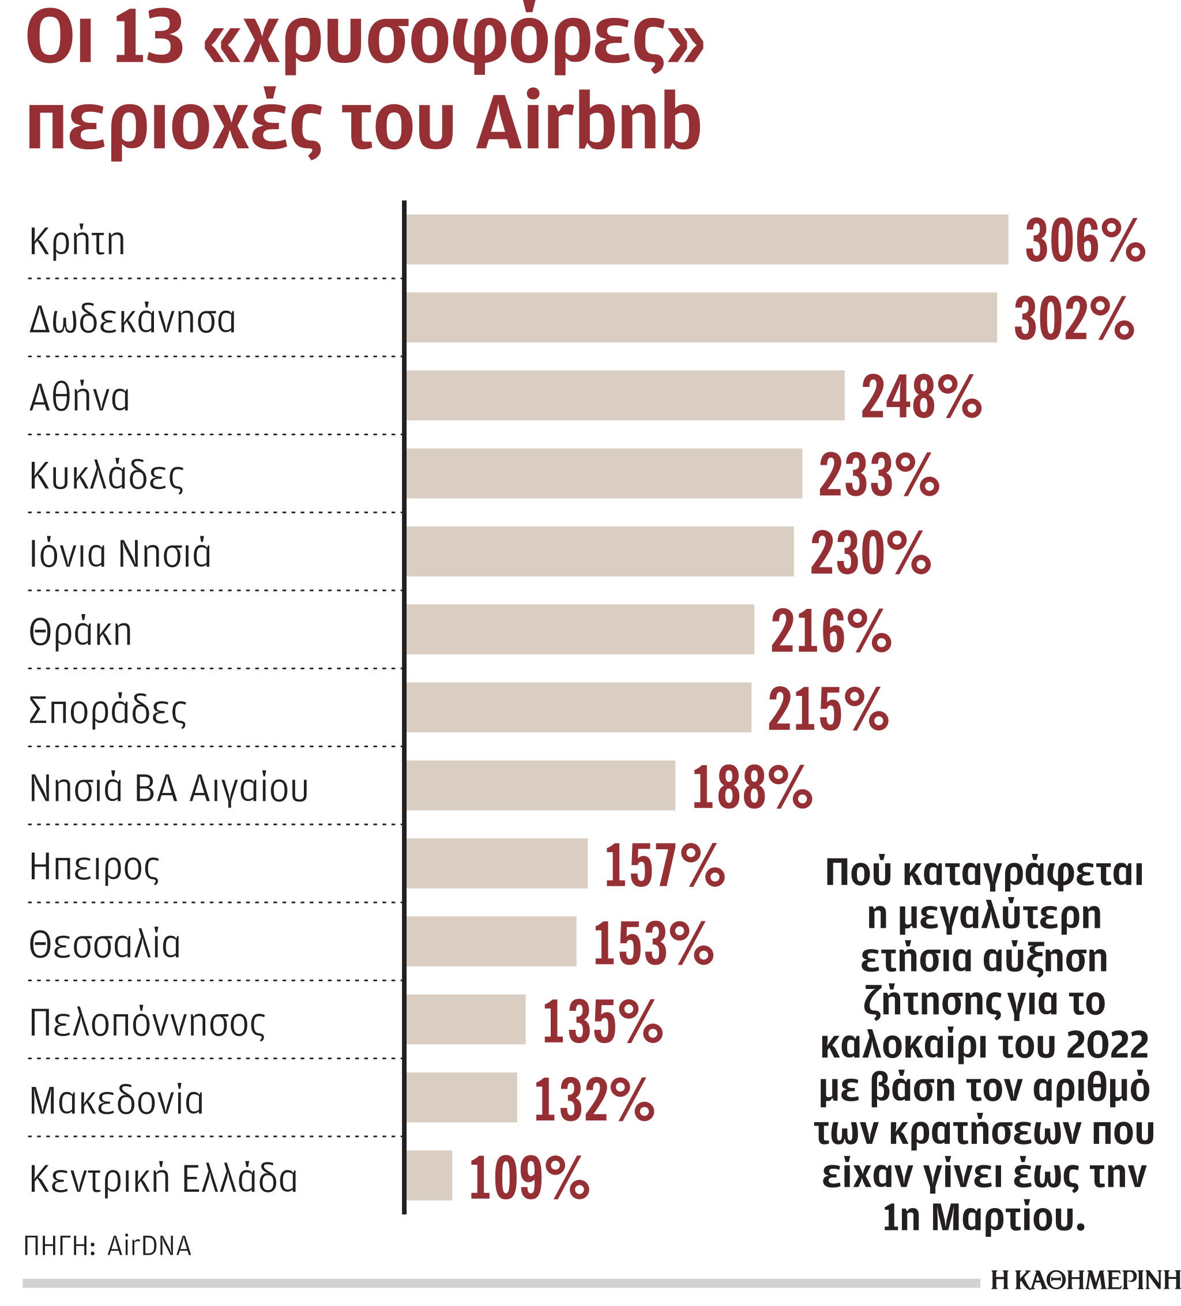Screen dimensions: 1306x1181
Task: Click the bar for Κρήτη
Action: tap(706, 239)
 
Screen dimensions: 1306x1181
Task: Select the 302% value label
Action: tap(1074, 318)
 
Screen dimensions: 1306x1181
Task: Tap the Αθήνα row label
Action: tap(79, 397)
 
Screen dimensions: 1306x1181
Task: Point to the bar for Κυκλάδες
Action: tap(604, 473)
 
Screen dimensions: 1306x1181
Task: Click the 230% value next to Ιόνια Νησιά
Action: tap(870, 552)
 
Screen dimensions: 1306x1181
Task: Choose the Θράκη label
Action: tap(80, 631)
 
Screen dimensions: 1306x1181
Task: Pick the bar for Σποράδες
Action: tap(578, 707)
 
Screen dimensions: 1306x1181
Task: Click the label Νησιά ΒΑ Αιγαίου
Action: tap(168, 788)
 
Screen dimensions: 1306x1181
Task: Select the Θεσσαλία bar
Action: tap(491, 942)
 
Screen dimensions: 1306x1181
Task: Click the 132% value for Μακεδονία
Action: tap(593, 1100)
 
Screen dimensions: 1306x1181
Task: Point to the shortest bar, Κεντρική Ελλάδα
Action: tap(429, 1176)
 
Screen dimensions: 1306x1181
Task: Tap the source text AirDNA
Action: tap(149, 1246)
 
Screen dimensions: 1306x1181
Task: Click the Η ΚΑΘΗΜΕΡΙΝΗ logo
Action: tap(1085, 1280)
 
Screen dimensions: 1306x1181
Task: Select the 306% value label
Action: tap(1085, 240)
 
